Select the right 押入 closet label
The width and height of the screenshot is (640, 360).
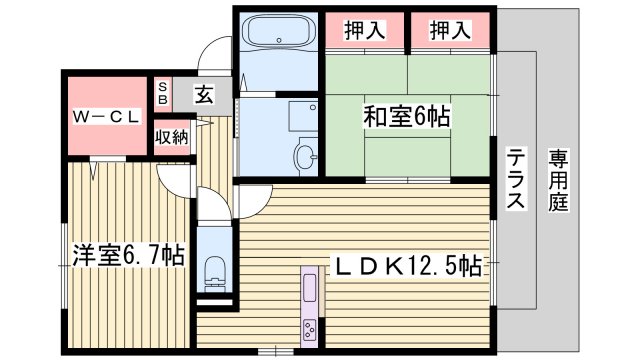pyautogui.click(x=449, y=31)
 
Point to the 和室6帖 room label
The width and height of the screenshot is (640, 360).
pyautogui.click(x=405, y=117)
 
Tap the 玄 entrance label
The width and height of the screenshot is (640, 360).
pyautogui.click(x=203, y=96)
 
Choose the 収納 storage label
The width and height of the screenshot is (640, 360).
pyautogui.click(x=171, y=137)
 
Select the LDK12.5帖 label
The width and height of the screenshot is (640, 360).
pyautogui.click(x=407, y=266)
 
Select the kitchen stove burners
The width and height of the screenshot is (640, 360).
pyautogui.click(x=310, y=329)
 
